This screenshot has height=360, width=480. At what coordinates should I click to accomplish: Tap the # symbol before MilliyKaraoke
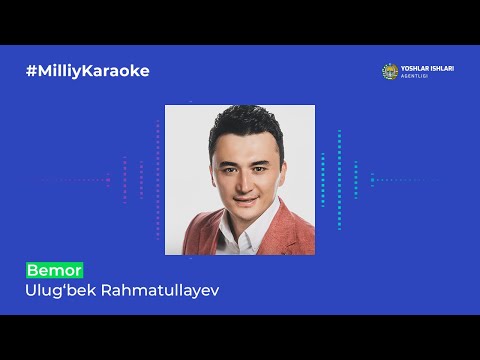[x=31, y=71]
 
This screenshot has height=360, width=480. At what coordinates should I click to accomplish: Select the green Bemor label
[x=54, y=271]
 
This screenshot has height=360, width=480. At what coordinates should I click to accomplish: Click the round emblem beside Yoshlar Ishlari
[x=390, y=71]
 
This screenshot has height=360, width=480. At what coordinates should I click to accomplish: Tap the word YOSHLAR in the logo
[x=416, y=68]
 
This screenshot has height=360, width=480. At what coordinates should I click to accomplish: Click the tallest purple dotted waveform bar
[x=157, y=180]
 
